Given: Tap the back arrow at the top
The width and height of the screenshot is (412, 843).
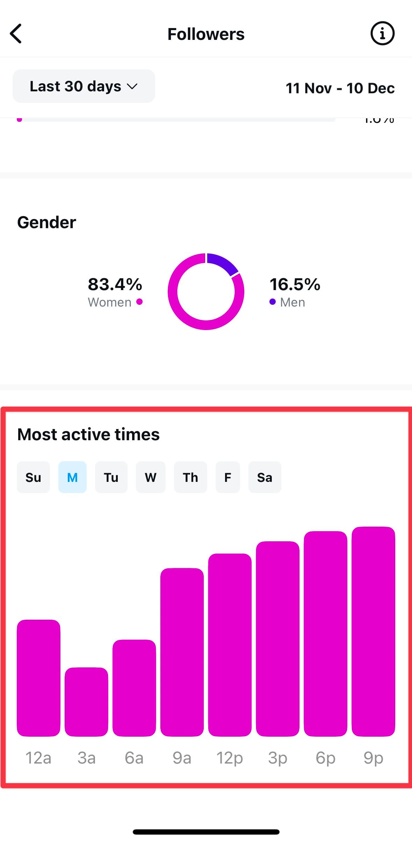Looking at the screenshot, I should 16,34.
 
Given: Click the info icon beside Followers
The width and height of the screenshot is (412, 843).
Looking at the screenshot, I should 382,34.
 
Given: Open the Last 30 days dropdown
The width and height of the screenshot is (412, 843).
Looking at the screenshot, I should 84,86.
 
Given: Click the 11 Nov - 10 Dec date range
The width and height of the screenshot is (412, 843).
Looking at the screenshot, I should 340,88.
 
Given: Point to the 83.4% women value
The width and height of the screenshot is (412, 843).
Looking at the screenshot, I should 115,284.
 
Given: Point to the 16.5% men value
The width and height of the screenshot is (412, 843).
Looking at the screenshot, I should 295,284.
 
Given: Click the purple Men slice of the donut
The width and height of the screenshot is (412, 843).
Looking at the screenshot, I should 222,263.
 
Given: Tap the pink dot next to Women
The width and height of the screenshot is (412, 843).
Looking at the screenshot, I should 139,302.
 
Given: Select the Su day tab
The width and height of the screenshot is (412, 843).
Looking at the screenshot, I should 33,477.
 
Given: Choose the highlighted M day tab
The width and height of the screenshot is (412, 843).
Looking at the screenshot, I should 72,477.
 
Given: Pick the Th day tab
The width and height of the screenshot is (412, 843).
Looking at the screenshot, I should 190,477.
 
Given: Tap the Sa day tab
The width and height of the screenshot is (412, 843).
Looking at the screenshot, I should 265,477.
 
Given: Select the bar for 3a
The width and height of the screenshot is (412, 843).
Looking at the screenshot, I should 86,702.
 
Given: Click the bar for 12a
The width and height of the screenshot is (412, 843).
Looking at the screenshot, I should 38,678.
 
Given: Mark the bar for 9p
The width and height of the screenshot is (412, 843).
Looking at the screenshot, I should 373,631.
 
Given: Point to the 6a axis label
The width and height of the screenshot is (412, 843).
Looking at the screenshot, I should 134,758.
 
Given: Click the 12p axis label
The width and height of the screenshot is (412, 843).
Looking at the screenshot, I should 230,758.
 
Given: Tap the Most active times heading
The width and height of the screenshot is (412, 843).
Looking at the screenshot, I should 88,435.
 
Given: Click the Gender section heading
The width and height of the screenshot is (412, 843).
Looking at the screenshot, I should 46,223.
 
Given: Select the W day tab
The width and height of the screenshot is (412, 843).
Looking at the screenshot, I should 151,477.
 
